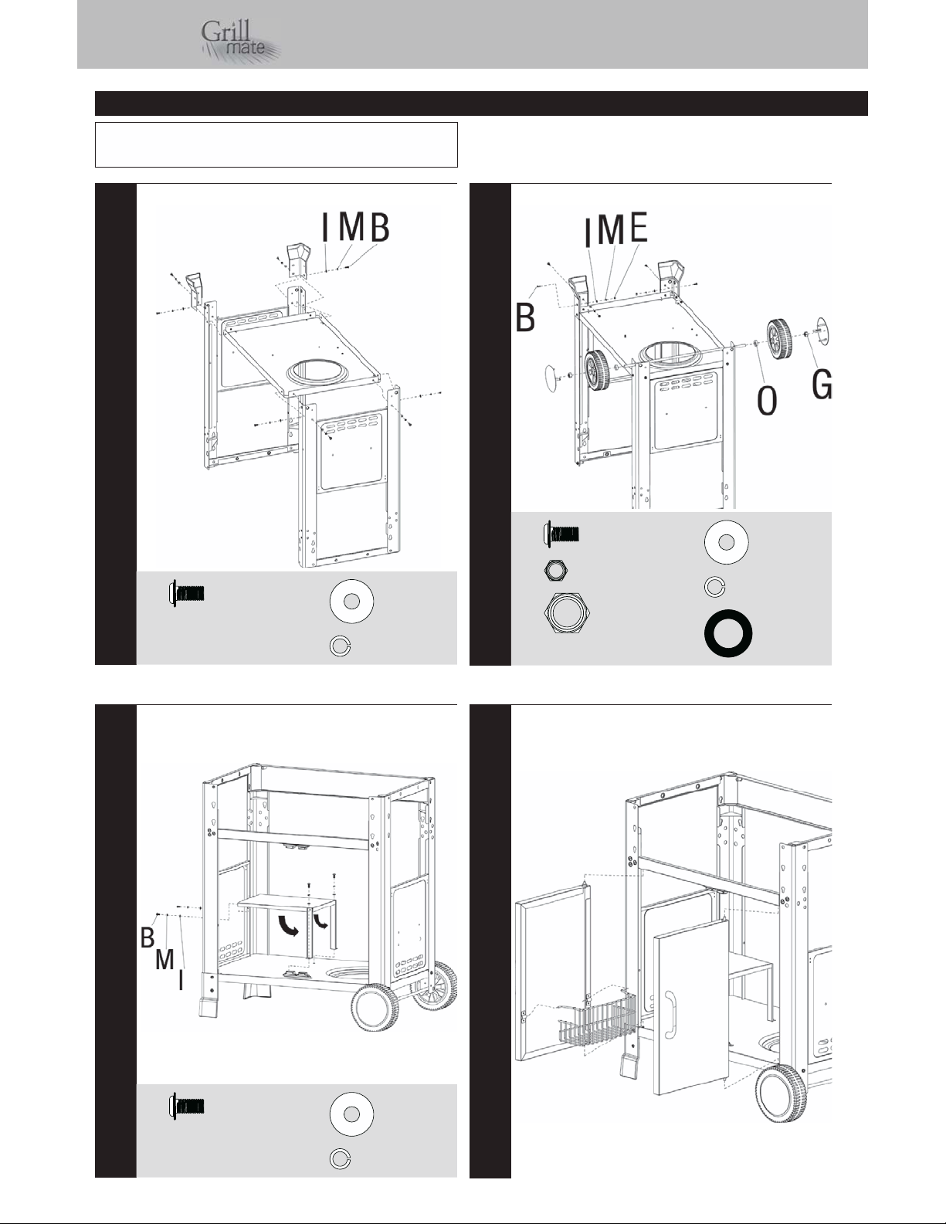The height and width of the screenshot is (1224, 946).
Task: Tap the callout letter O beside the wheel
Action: [767, 401]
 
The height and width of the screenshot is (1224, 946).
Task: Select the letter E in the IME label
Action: [639, 227]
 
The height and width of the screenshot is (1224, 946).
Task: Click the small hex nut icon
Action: [555, 571]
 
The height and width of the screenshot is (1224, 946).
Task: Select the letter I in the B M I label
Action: [181, 979]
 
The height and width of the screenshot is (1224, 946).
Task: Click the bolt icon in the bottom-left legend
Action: [186, 1107]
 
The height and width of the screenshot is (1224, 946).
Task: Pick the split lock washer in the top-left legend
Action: [340, 646]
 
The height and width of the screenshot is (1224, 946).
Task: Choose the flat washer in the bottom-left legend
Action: [351, 1114]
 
